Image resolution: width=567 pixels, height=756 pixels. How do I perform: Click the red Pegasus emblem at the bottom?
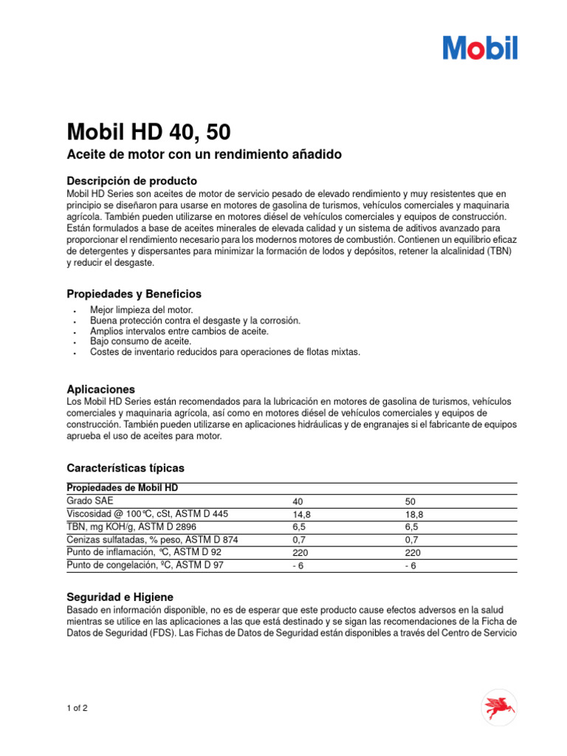coord(500,708)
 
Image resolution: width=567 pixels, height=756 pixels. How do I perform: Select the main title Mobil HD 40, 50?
coord(148,132)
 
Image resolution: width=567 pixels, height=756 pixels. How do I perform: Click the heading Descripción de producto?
coord(131,181)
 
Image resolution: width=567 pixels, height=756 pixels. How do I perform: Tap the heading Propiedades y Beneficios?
coord(134,294)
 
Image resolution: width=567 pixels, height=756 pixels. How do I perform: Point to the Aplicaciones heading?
coord(100,389)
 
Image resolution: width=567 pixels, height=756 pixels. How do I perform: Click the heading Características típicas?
coord(126,468)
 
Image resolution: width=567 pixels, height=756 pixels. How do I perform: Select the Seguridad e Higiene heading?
coord(120,597)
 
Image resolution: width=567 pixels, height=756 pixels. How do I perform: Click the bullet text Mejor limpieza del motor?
coord(141,311)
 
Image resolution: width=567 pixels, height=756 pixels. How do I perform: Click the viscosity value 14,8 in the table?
coord(301,515)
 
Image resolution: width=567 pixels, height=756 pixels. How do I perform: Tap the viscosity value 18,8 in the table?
coord(414,515)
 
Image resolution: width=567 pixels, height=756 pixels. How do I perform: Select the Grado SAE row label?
coord(90,501)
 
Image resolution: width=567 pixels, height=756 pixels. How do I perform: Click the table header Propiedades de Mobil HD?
coord(123,488)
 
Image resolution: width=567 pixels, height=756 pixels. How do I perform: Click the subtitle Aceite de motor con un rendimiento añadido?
coord(204,154)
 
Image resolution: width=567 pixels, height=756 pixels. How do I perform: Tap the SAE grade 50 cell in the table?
coord(410,501)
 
